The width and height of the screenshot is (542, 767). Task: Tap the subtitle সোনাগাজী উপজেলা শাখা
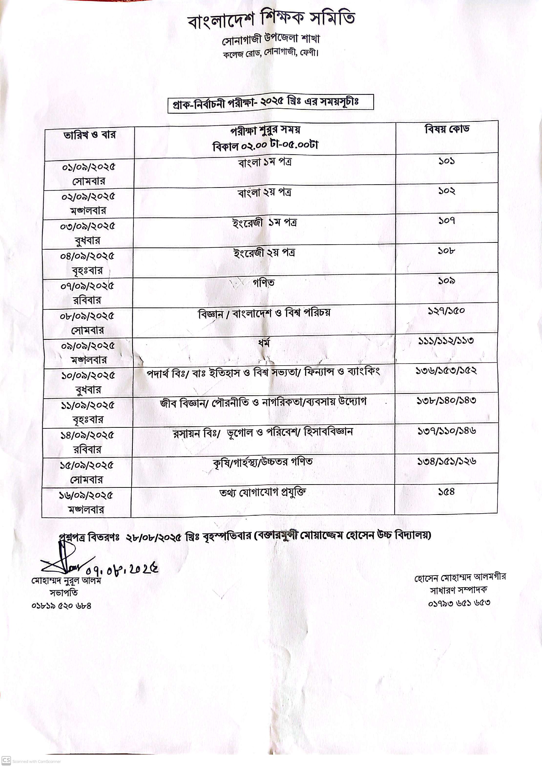[271, 40]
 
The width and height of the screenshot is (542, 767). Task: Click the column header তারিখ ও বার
[90, 135]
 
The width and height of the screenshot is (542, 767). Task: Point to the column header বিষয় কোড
[447, 129]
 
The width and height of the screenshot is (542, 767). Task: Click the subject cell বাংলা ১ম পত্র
[265, 163]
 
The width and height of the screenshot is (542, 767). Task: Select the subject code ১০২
[447, 191]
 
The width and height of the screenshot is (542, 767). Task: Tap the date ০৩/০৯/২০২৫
[88, 226]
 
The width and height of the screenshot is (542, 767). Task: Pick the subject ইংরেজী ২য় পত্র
[264, 253]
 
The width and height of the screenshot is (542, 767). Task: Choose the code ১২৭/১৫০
[447, 311]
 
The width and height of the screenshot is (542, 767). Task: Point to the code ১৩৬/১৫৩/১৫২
[446, 370]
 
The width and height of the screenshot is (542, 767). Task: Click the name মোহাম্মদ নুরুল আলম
[66, 581]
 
